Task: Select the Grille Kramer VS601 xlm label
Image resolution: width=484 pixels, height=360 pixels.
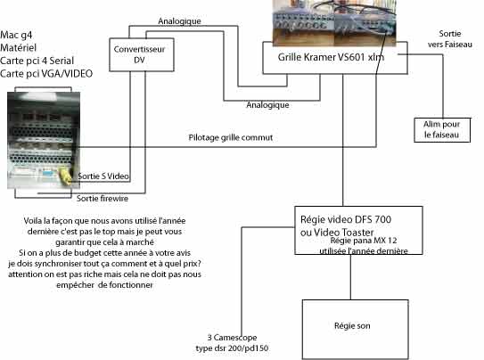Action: coord(331,57)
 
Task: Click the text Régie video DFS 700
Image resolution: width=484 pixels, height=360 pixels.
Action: coord(346,219)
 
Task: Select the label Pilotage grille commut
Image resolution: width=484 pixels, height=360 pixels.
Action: coord(231,137)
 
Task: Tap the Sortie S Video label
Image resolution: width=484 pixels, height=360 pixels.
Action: coord(103,176)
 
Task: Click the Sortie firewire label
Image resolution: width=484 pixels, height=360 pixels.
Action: coord(103,199)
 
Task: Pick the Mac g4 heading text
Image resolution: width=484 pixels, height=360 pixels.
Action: coord(16,35)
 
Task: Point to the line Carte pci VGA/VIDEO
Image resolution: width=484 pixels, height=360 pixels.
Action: coord(46,74)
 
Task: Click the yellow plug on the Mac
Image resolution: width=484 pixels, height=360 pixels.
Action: coord(64,176)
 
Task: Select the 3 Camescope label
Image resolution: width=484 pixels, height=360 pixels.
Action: coord(232,338)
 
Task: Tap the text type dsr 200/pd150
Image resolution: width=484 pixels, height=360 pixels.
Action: coord(232,348)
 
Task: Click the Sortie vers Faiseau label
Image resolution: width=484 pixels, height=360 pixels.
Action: coord(450,39)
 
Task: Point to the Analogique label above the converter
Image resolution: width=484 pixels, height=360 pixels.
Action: coord(179,21)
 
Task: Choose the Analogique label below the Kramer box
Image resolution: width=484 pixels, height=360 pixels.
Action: coord(267,105)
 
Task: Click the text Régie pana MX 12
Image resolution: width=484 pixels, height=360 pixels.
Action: coord(364,241)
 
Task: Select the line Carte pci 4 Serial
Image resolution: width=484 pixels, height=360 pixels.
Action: coord(37,61)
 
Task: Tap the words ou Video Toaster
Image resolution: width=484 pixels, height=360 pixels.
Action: coord(337,233)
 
